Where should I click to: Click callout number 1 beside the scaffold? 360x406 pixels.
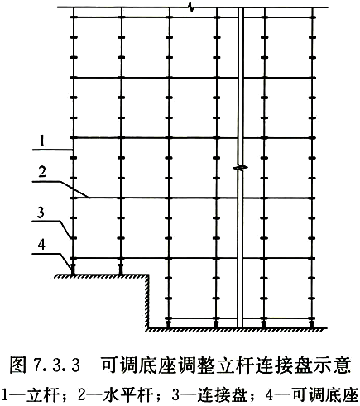point(42,141)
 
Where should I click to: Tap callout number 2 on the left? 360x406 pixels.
point(42,172)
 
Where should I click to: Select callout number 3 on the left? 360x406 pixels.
point(41,213)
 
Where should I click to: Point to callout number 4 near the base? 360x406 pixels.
point(41,245)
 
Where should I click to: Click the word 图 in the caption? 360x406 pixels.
point(18,365)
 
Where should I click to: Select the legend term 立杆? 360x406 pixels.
point(43,394)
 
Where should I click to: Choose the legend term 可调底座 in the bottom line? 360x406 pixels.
point(325,394)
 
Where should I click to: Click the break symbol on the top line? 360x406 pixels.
point(190,7)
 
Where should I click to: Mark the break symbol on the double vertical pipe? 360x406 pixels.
point(241,167)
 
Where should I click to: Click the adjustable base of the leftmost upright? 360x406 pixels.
point(73,269)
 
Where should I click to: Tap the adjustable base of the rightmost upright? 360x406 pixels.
point(312,323)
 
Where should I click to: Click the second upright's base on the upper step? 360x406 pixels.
point(121,269)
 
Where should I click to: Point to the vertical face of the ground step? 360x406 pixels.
point(148,302)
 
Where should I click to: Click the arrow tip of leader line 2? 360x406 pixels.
point(89,198)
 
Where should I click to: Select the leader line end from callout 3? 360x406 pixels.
point(71,237)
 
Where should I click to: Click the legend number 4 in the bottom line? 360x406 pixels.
point(270,395)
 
